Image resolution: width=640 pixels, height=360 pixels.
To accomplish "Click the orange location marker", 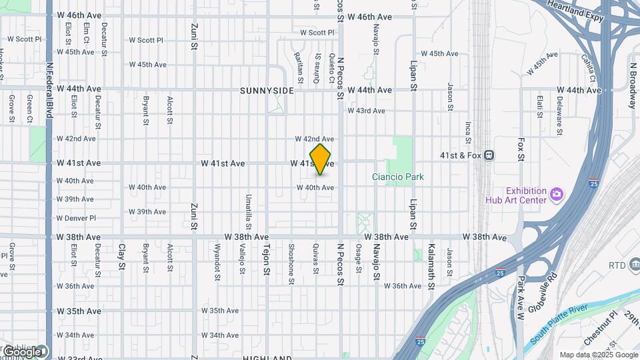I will click(x=321, y=159).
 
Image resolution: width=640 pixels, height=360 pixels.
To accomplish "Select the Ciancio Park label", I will click(x=398, y=177).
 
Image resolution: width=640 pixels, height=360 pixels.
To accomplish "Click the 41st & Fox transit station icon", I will click(x=489, y=155).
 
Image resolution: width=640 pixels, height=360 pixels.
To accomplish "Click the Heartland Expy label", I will click(x=576, y=12).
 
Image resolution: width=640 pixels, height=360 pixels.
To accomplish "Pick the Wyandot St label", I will click(x=217, y=266).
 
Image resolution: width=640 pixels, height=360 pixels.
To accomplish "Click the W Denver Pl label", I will click(x=77, y=218).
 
